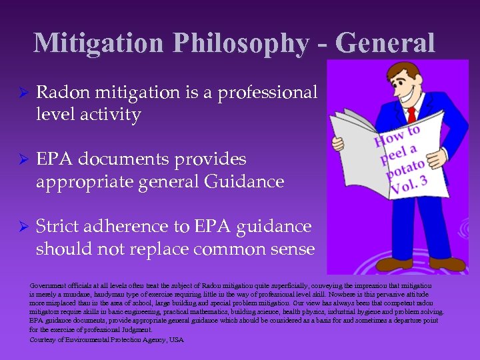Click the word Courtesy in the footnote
pos(46,340)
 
